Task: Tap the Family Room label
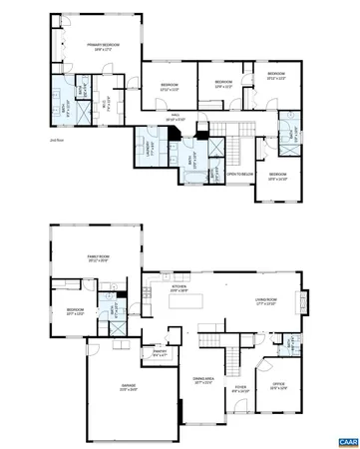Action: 97,260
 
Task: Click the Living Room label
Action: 264,300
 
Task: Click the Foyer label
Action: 240,386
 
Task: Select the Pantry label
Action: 159,352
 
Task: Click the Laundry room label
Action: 145,148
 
